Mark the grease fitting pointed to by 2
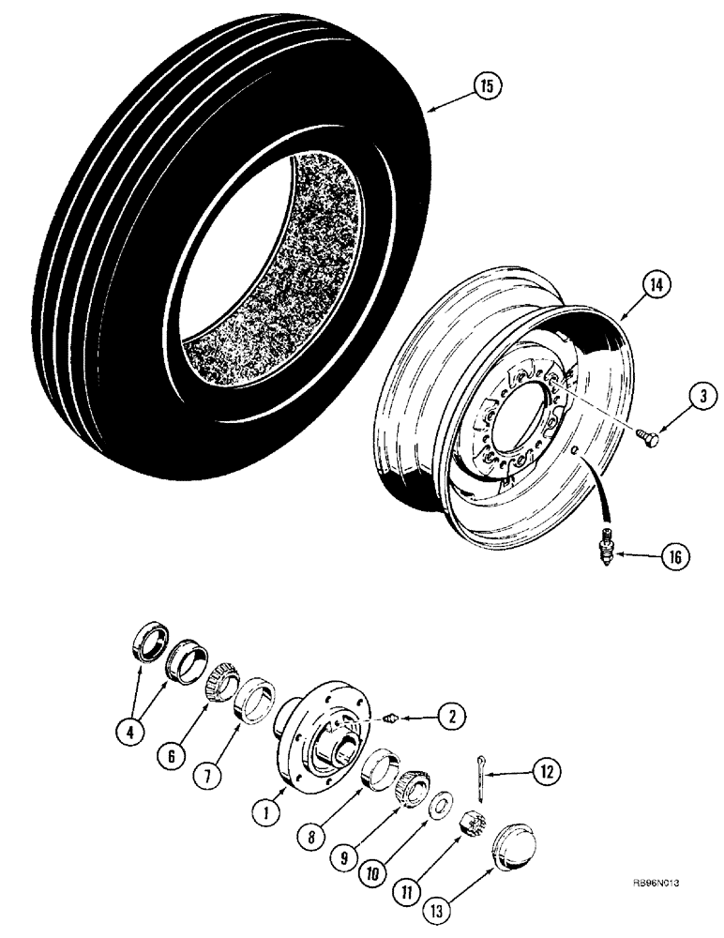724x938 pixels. (391, 719)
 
